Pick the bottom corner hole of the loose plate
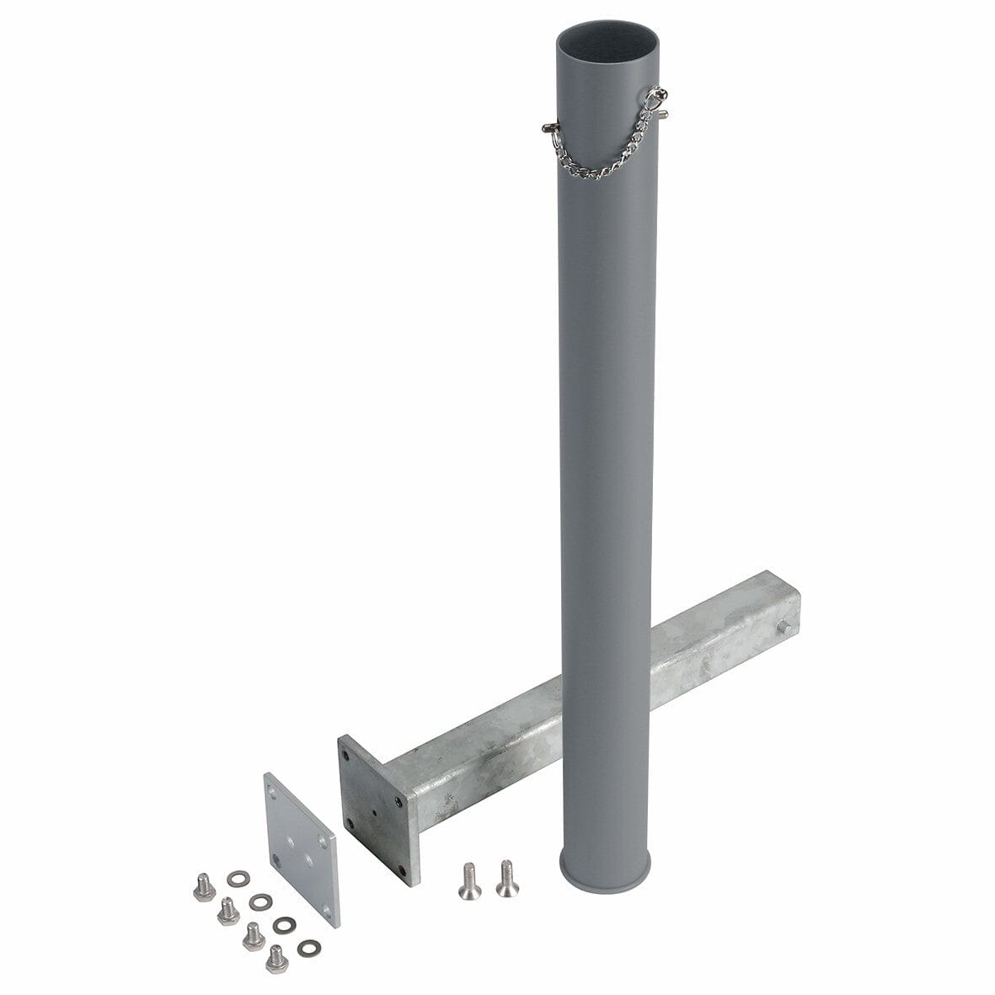pyautogui.click(x=328, y=912)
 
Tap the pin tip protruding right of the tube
pyautogui.click(x=666, y=113)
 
